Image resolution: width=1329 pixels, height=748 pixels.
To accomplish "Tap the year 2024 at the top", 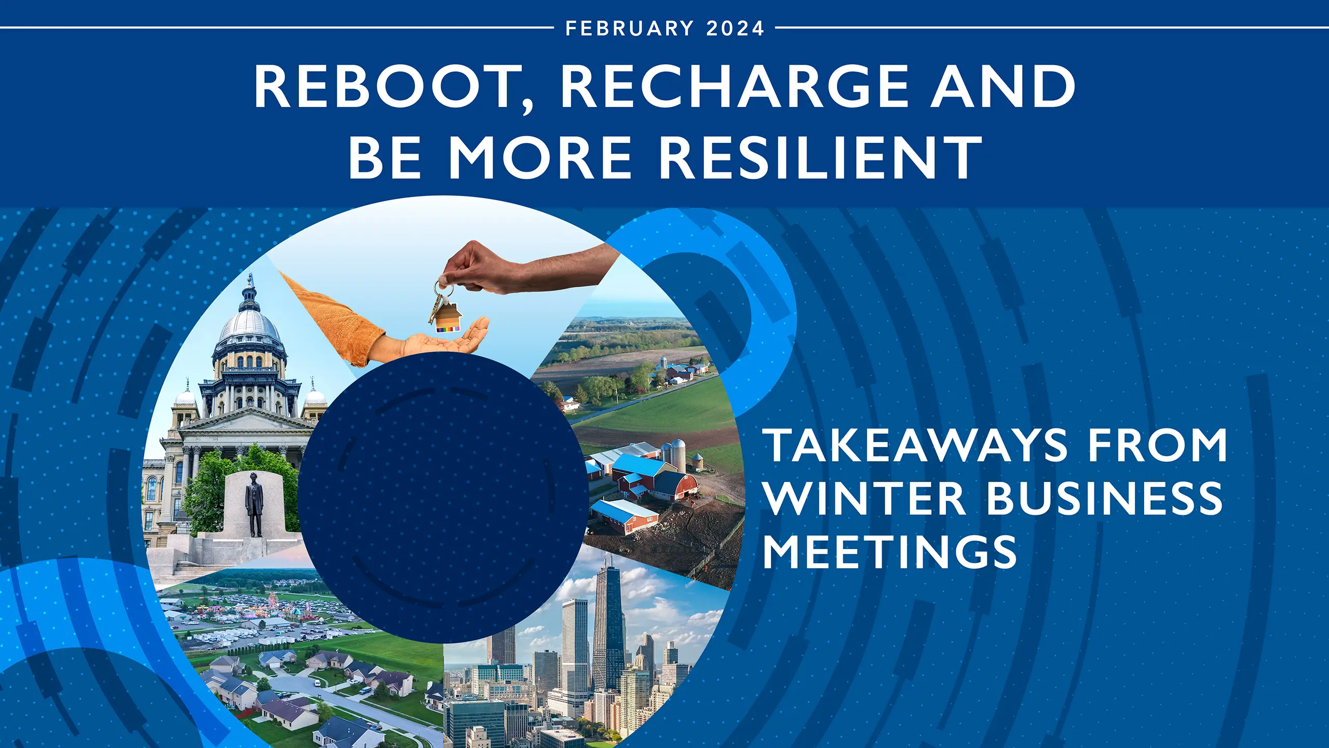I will (735, 28).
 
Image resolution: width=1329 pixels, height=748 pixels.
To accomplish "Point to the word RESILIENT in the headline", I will (820, 157).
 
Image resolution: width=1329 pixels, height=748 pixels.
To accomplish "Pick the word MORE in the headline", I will (540, 157).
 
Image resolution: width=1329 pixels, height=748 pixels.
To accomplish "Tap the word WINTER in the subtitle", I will (865, 499).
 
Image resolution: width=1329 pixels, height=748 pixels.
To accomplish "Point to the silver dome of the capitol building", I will (250, 325).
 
